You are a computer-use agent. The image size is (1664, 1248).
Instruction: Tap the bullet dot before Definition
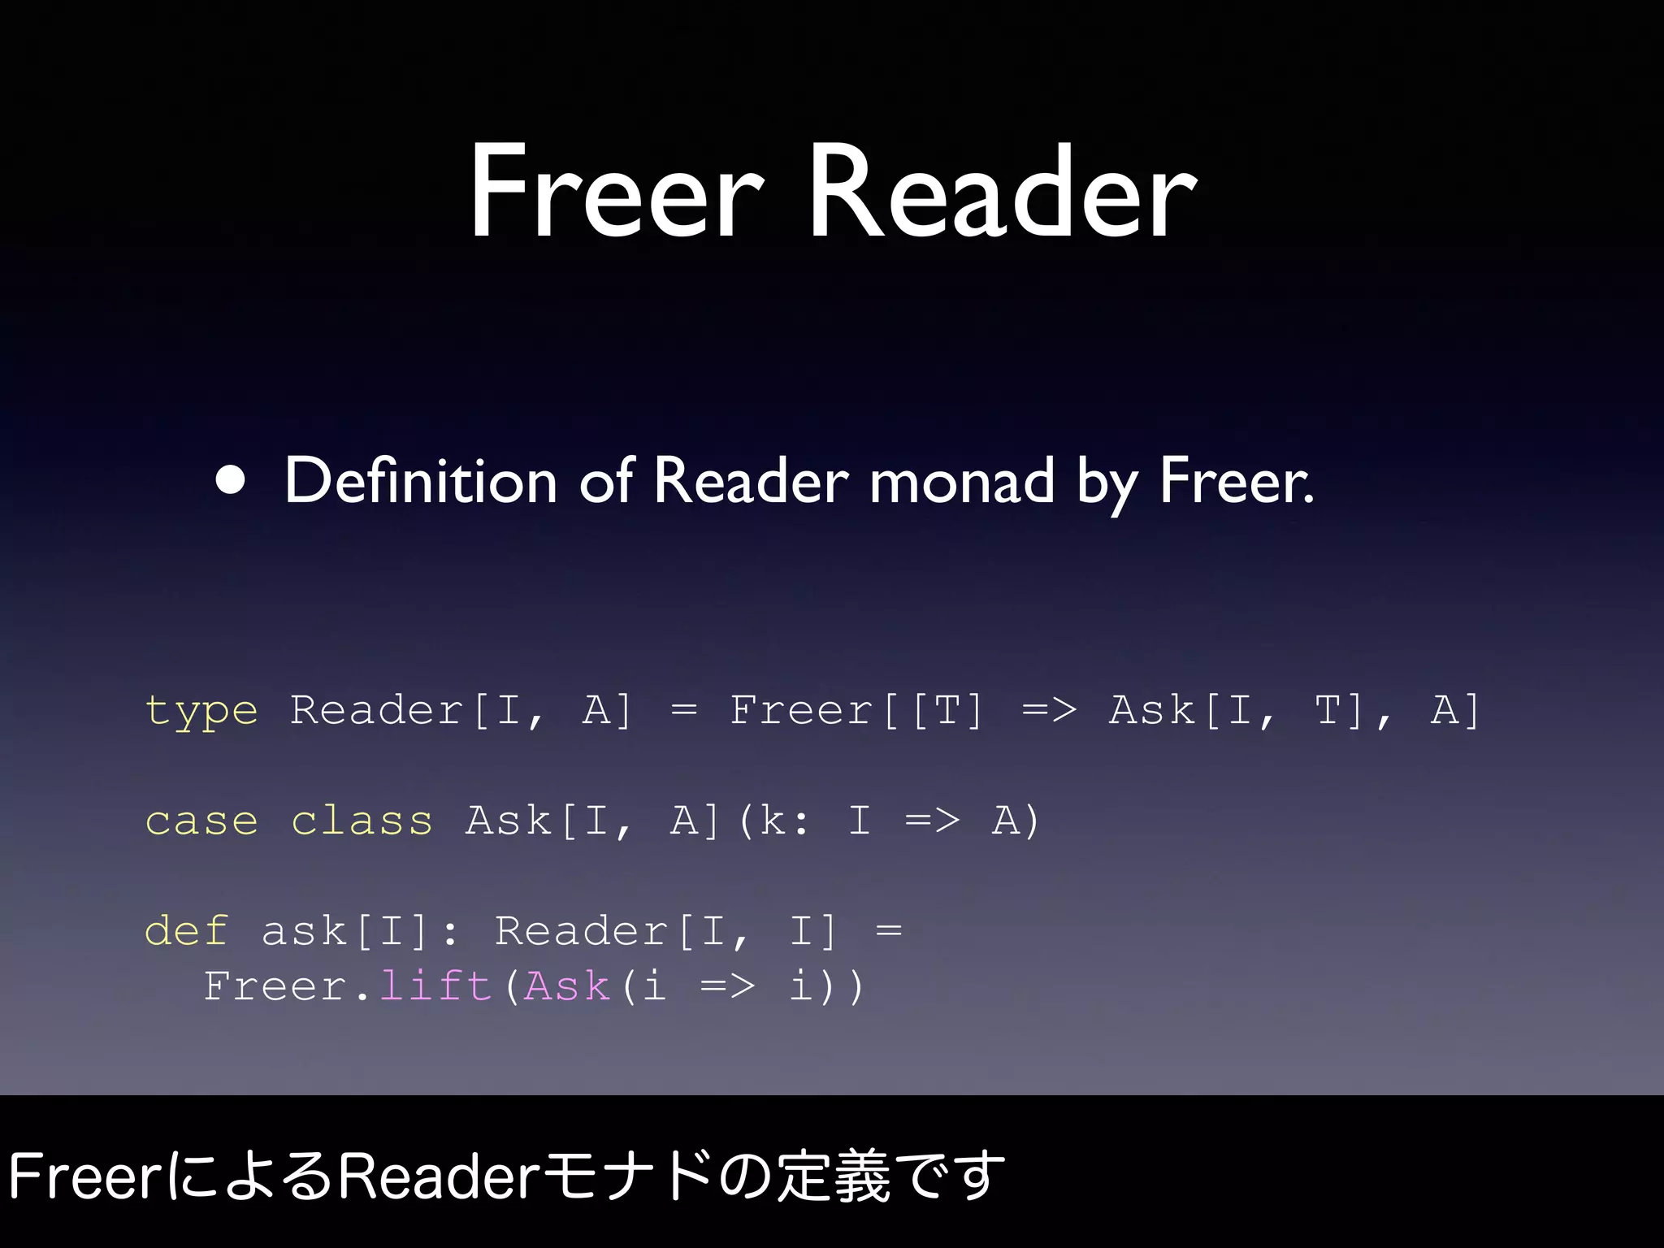click(x=231, y=480)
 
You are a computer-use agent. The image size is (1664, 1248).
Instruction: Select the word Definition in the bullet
click(x=420, y=480)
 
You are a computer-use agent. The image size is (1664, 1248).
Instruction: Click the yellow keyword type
click(x=201, y=712)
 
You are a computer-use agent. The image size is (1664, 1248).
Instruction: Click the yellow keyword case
click(x=201, y=821)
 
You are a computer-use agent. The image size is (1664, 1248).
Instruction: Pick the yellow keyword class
click(x=362, y=821)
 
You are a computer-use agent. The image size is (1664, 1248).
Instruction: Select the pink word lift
click(x=435, y=986)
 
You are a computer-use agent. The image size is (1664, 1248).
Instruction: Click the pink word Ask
click(x=567, y=986)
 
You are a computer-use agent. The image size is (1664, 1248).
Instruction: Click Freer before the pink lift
click(x=276, y=986)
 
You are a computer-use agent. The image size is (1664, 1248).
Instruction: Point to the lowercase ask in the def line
click(x=304, y=931)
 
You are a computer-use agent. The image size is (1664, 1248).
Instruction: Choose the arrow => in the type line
click(x=1049, y=712)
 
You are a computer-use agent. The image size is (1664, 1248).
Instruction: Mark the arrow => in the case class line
click(x=932, y=821)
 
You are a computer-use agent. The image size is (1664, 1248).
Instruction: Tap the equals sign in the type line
click(x=684, y=712)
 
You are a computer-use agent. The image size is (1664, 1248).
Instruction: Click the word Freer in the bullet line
click(x=1235, y=480)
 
